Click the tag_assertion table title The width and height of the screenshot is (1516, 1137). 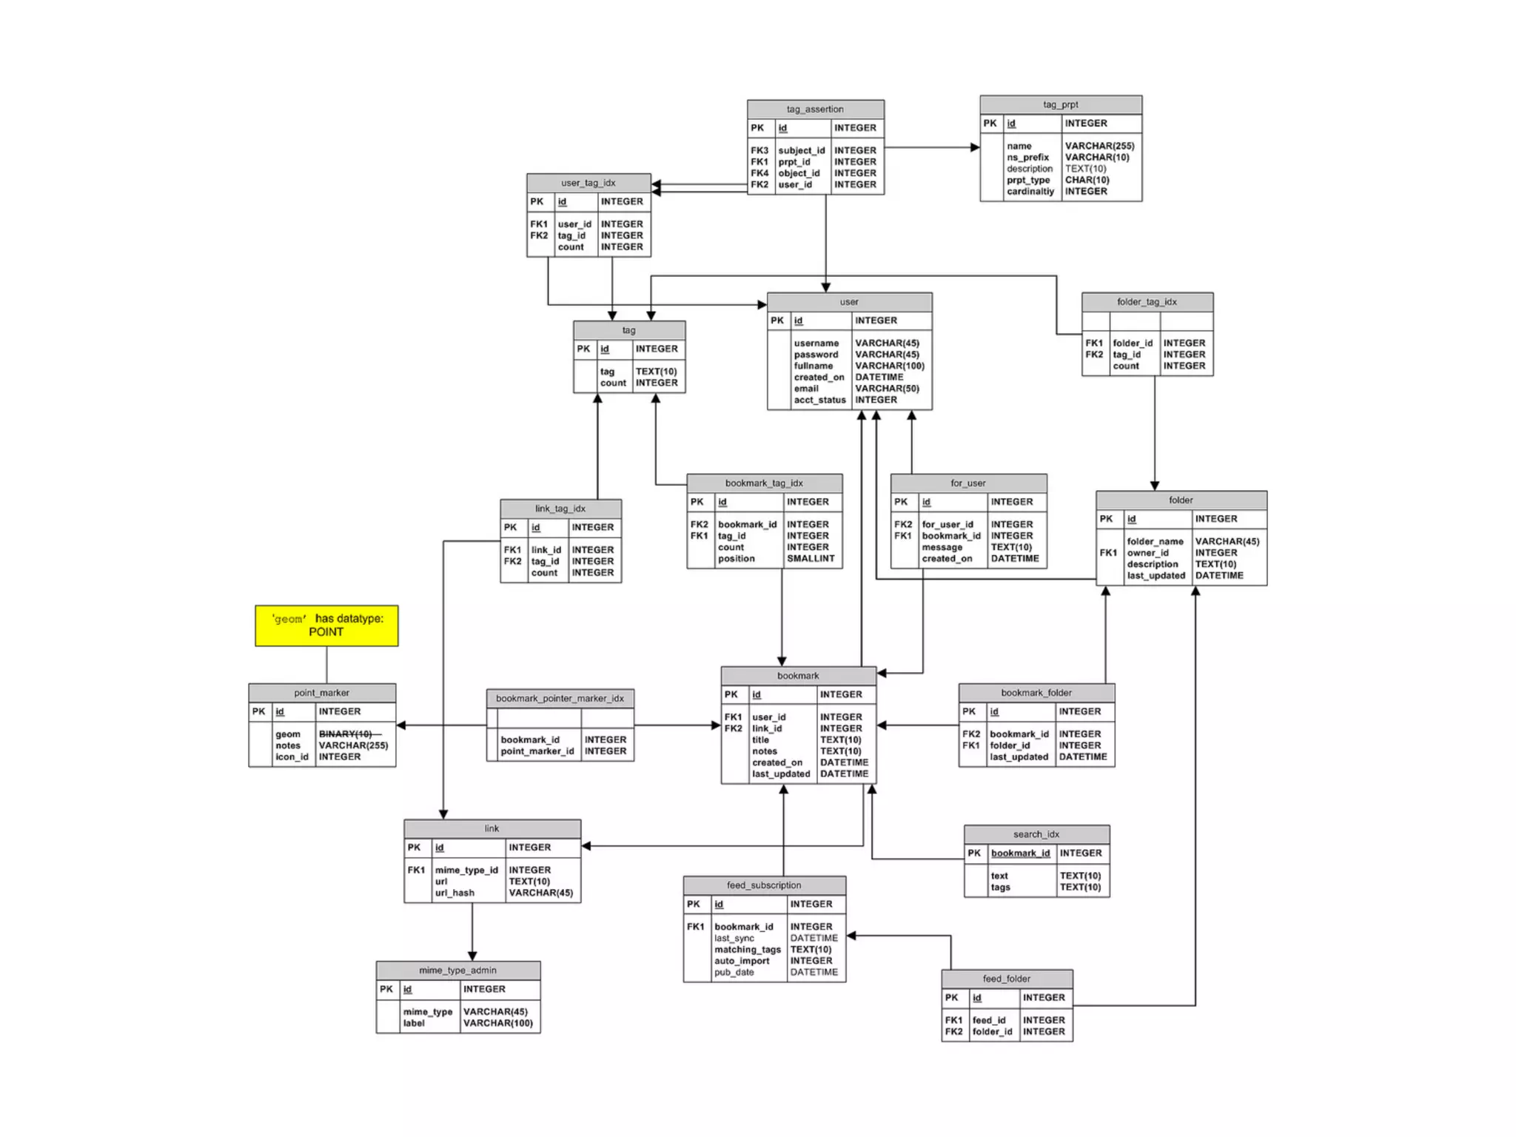[x=814, y=109]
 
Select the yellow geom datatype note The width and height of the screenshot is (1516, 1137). [x=326, y=625]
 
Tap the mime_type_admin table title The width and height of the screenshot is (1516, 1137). [x=457, y=970]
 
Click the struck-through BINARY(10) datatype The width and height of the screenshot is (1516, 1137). [x=346, y=734]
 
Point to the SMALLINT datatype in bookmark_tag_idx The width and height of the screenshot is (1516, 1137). [x=811, y=558]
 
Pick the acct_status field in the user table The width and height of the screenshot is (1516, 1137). [x=819, y=400]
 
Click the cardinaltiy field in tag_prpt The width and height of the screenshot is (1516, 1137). [x=1030, y=191]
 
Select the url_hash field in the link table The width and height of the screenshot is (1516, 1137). [x=455, y=893]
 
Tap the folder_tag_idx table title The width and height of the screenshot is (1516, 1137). [x=1147, y=301]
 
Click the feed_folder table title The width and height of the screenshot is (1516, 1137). [x=1006, y=979]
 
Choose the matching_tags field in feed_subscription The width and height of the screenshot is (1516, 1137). [x=747, y=949]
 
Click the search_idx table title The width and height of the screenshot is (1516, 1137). [x=1036, y=834]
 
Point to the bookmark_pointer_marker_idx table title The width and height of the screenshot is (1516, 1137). [x=560, y=698]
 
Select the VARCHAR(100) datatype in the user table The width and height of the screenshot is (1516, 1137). [x=890, y=366]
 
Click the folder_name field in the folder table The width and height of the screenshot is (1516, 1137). [x=1155, y=541]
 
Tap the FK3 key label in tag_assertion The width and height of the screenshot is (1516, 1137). [x=759, y=150]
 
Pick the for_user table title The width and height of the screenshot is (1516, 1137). [x=967, y=483]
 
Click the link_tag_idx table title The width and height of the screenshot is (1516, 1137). [x=560, y=509]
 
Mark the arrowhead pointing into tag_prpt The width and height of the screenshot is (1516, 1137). [x=975, y=147]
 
